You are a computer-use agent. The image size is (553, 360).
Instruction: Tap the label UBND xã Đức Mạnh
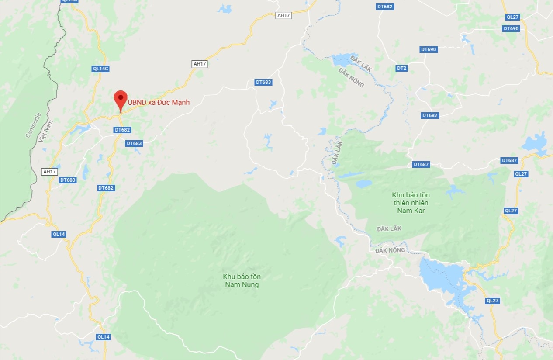[159, 103]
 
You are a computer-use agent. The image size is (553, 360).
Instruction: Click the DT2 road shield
[402, 69]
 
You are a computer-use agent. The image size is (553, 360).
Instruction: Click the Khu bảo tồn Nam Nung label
[242, 280]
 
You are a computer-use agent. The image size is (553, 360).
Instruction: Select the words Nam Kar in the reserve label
[411, 211]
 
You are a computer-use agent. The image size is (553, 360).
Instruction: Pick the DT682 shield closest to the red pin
[122, 130]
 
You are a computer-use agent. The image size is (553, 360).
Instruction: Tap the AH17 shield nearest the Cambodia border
[49, 172]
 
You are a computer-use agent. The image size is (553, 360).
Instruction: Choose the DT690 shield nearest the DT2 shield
[429, 49]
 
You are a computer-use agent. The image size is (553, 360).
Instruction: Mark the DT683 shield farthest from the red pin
[263, 82]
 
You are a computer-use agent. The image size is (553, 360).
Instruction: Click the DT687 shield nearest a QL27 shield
[509, 160]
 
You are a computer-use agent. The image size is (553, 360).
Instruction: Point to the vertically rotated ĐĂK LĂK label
[337, 153]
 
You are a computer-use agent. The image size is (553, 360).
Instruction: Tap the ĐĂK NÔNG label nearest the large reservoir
[390, 250]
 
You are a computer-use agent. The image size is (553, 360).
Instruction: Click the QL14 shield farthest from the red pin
[104, 337]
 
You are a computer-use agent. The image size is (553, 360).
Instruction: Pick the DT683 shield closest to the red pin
[134, 143]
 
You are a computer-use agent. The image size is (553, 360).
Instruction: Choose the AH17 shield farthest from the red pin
[283, 15]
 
